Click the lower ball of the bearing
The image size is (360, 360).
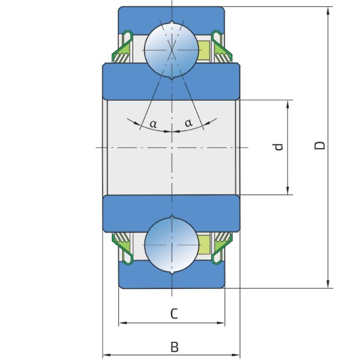pyautogui.click(x=171, y=244)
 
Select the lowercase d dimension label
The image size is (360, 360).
pyautogui.click(x=278, y=147)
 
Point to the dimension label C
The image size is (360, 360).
pyautogui.click(x=174, y=313)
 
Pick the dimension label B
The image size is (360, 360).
pyautogui.click(x=174, y=347)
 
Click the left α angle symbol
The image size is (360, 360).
pyautogui.click(x=153, y=123)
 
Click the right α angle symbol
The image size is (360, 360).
pyautogui.click(x=189, y=123)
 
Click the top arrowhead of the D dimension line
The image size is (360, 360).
pyautogui.click(x=328, y=11)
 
